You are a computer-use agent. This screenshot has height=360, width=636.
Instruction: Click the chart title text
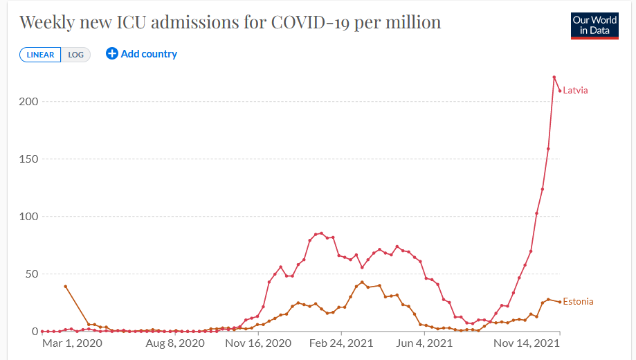coord(230,22)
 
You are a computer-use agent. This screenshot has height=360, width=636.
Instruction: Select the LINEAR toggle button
coord(40,55)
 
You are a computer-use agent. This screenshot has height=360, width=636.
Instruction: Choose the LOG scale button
coord(75,55)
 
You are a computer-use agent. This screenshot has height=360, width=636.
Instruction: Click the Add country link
coord(149,54)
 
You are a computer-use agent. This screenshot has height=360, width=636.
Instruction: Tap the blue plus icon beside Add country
coord(111,54)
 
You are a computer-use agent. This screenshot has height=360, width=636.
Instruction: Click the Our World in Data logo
coord(594,26)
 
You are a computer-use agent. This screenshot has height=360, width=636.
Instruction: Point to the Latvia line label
coord(575,91)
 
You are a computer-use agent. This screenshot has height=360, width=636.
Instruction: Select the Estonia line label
coord(578,302)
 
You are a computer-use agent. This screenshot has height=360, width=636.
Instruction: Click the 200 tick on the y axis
coord(28,102)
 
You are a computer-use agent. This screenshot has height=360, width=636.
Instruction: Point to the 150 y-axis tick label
coord(28,159)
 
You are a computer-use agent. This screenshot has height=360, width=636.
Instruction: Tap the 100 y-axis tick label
coord(28,217)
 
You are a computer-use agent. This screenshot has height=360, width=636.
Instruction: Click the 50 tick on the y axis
coord(31,274)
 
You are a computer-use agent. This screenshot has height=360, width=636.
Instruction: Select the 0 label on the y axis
coord(34,332)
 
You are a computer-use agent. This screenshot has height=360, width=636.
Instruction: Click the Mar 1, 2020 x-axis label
coord(72,343)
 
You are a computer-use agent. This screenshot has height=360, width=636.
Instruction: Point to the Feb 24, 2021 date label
coord(341,343)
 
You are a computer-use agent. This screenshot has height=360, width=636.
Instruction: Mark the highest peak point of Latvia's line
coord(554,77)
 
